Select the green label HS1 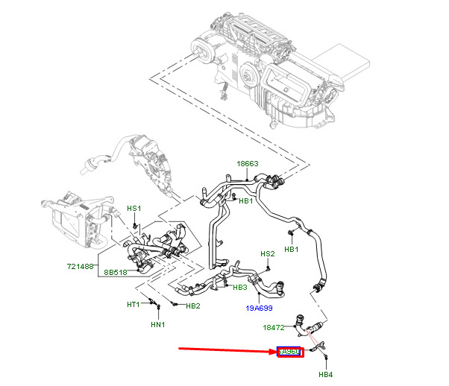click(x=134, y=209)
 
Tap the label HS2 click(x=267, y=253)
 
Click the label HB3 click(x=240, y=288)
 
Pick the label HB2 click(x=192, y=306)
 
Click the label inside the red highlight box click(x=289, y=352)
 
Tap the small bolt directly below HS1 click(x=134, y=224)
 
